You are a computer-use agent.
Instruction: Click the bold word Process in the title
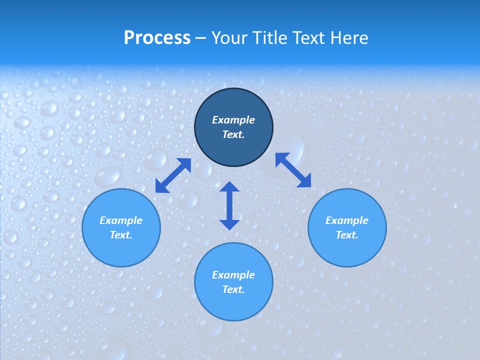157,37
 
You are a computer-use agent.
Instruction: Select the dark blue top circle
233,150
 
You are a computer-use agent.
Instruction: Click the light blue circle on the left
121,250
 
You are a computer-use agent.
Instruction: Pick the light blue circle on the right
347,250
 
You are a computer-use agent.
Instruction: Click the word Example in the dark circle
233,120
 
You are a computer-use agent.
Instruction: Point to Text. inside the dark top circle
233,134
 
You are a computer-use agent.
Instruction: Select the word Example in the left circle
121,220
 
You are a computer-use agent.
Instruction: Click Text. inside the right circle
347,235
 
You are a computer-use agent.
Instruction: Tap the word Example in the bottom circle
233,275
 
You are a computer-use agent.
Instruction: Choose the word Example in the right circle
347,220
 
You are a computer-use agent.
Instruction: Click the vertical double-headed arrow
229,205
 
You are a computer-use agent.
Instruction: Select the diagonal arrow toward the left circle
173,175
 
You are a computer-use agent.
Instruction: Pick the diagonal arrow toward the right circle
293,170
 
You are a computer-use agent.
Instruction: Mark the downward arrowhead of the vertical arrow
229,224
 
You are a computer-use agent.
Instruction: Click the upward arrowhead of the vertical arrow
229,187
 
